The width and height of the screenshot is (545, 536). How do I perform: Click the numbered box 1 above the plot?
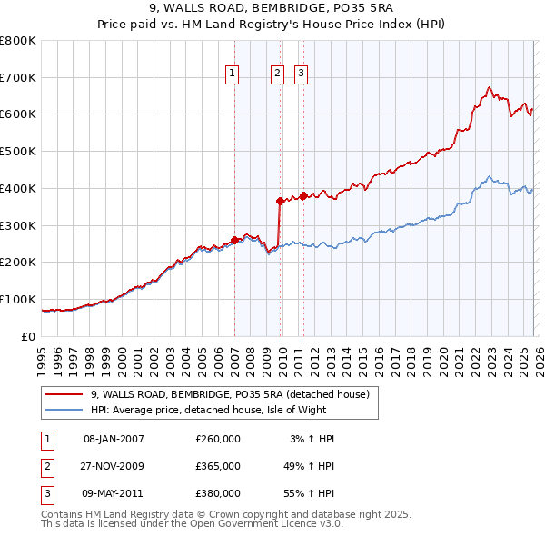click(233, 74)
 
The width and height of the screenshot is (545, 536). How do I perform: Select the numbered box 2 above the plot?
click(277, 74)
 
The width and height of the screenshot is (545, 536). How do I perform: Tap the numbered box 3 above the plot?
click(300, 74)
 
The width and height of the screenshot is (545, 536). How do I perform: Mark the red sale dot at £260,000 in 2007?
click(235, 240)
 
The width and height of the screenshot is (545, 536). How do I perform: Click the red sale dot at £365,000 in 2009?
click(281, 201)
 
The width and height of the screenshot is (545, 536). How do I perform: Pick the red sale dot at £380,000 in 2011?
click(303, 195)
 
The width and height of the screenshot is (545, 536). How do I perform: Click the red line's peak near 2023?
click(489, 87)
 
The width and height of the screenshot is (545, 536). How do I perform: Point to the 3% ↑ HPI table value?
click(312, 439)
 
